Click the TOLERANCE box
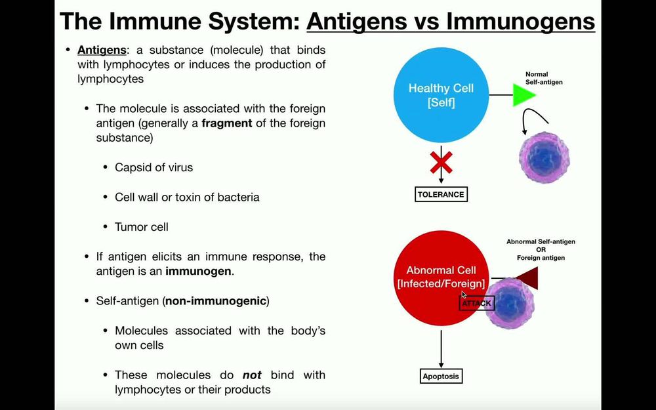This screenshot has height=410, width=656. click(441, 194)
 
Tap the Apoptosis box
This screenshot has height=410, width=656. click(441, 377)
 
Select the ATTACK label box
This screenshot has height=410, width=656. click(476, 304)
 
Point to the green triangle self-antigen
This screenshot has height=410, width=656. click(523, 95)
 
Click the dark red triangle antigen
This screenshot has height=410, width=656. click(527, 278)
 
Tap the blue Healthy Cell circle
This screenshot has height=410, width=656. click(441, 95)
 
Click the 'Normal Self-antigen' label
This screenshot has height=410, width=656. click(544, 78)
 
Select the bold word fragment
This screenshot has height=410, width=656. click(226, 123)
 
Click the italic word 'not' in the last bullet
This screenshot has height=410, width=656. click(252, 375)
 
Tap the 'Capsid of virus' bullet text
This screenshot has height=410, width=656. click(154, 167)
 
